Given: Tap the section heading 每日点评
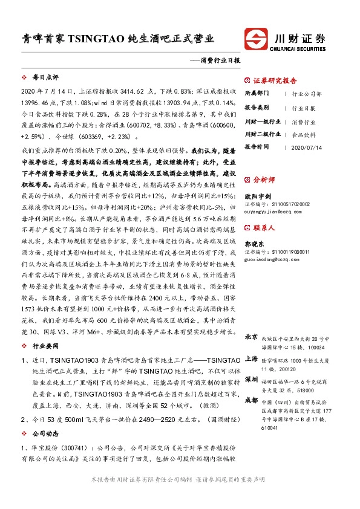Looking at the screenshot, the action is click(45, 77).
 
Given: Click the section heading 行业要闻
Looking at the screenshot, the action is click(45, 346).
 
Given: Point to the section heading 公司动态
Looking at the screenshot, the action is click(45, 433).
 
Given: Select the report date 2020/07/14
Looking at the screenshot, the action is click(307, 147).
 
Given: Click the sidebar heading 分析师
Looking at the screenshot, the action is click(264, 180).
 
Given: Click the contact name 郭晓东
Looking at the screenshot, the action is click(254, 243).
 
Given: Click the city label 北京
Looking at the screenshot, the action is click(252, 336).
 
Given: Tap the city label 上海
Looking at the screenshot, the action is click(252, 358).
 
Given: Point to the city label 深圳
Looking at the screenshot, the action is click(252, 379).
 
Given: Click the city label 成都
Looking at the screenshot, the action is click(252, 400).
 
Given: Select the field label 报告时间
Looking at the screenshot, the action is click(256, 147).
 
